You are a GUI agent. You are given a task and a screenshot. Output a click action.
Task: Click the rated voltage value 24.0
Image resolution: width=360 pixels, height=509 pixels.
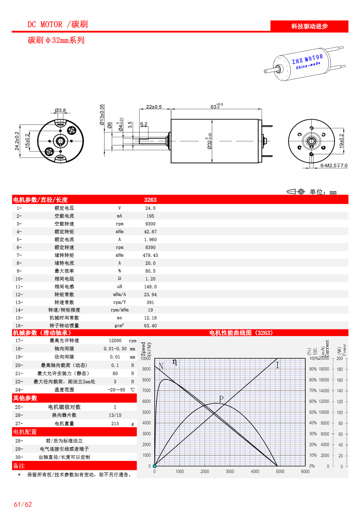pos(150,208)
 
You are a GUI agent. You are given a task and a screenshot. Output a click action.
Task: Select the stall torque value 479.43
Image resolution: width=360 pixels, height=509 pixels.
pos(150,255)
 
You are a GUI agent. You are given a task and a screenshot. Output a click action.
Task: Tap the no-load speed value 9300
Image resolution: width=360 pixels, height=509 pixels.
pos(150,224)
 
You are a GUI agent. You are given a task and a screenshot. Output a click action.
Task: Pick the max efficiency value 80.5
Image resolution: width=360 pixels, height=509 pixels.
pos(150,271)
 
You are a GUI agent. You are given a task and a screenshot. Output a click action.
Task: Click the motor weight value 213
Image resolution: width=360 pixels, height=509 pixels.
pos(115,424)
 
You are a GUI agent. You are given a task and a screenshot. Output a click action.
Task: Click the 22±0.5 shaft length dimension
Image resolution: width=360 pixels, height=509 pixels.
pos(154,107)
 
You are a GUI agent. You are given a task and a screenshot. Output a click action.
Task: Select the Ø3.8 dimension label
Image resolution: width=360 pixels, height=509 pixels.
pos(60,111)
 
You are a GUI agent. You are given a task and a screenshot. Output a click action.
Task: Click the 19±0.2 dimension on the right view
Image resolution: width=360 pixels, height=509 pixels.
pos(341,141)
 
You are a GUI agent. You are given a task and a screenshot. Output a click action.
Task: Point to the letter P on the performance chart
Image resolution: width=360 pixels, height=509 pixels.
pos(221,399)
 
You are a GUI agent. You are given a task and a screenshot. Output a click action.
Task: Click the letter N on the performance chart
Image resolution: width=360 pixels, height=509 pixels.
pos(161,366)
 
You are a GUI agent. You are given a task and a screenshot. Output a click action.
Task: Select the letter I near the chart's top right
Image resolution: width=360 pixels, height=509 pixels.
pos(277,365)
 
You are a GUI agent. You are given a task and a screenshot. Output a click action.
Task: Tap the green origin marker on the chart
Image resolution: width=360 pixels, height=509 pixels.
pos(155,466)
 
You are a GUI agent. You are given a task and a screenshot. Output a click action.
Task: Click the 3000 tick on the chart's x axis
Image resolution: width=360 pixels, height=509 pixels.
pos(230,472)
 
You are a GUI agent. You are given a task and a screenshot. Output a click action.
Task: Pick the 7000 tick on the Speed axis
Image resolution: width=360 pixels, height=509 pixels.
pos(146,391)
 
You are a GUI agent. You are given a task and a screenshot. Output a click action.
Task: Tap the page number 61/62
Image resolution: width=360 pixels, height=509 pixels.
pos(23,504)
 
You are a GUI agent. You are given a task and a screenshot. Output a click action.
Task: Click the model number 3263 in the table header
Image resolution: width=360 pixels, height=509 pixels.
pos(150,200)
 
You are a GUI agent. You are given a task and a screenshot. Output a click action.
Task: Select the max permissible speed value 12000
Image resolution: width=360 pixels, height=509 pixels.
pos(115,341)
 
